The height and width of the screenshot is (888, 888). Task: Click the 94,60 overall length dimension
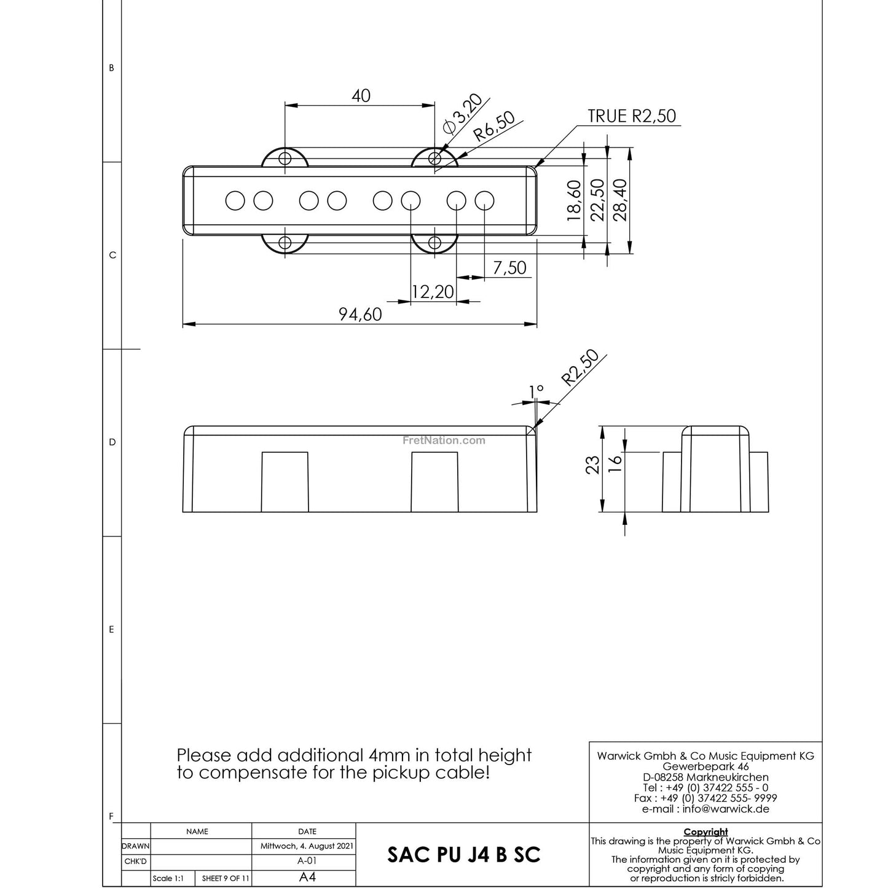coord(360,315)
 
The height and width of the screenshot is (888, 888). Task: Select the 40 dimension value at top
coord(361,96)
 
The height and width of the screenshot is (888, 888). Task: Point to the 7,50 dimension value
coord(509,268)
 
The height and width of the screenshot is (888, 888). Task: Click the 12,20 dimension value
coord(433,292)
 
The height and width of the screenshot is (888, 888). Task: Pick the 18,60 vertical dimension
coord(573,200)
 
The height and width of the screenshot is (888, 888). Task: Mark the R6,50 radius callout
coord(493,126)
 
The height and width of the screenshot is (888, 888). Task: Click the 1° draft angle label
coord(536,391)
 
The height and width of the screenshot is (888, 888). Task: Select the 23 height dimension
coord(592,465)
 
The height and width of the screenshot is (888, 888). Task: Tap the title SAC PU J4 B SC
coord(464,855)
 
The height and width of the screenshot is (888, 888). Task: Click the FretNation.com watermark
coord(444,440)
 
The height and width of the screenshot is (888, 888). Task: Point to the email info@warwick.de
coord(705,809)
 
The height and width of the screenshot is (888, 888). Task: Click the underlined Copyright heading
coord(705,832)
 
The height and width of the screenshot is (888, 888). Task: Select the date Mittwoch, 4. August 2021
coord(307,846)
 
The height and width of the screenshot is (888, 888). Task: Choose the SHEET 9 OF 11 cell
coord(226,878)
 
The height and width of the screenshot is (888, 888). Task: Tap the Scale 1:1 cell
coord(168,878)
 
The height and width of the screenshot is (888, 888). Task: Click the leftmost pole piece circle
coord(235,200)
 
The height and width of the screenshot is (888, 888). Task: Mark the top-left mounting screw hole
coord(285,159)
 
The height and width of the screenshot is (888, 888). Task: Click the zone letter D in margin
coord(112,442)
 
